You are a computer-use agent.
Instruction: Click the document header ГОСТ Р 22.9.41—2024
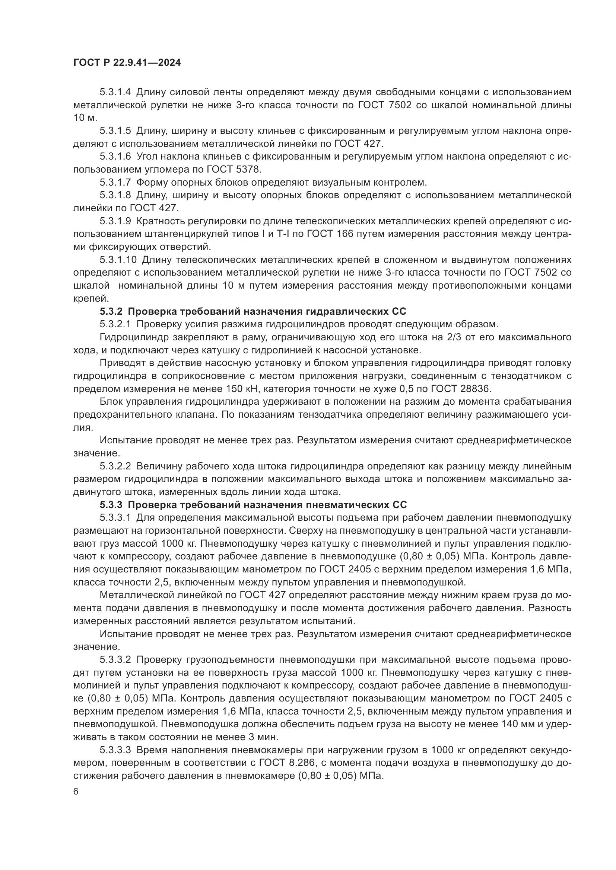(x=127, y=63)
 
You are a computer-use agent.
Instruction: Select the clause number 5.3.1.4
(x=115, y=92)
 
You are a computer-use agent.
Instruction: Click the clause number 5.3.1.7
(x=115, y=183)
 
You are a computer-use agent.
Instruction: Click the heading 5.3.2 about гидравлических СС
(x=253, y=311)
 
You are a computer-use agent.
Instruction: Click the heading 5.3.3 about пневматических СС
(x=253, y=505)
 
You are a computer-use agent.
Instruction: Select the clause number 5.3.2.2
(x=115, y=466)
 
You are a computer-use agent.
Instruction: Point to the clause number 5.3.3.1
(x=115, y=518)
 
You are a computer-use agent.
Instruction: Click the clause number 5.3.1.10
(x=118, y=260)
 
